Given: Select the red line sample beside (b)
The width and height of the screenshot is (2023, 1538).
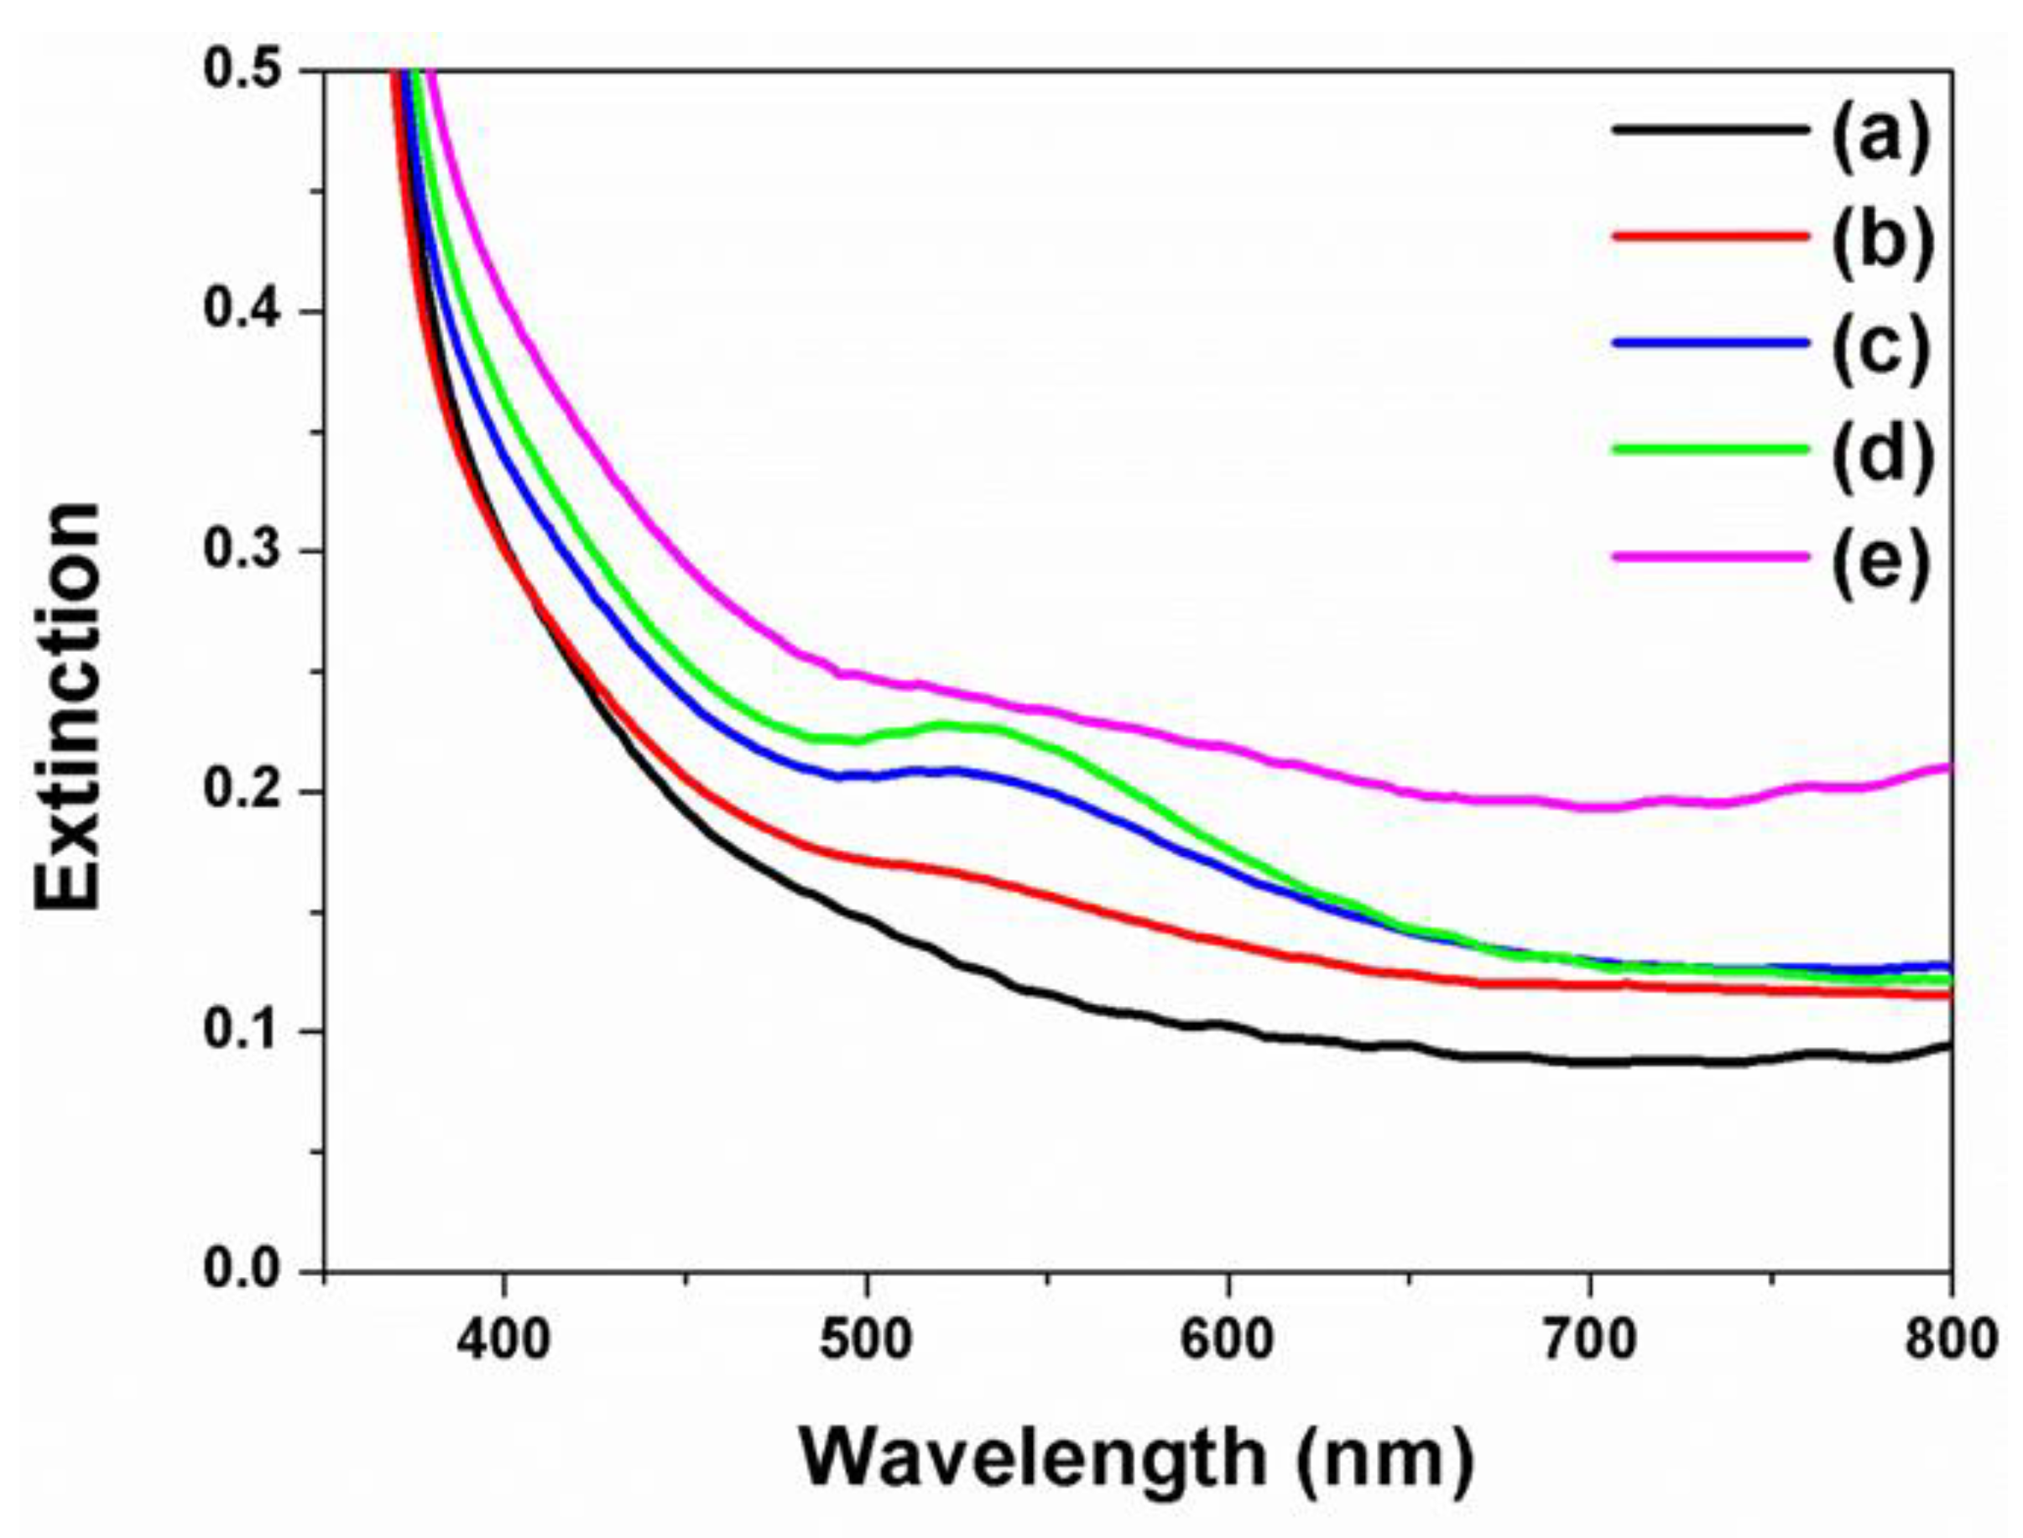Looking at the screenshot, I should pyautogui.click(x=1710, y=236).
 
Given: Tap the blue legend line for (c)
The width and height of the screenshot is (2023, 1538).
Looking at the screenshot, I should pyautogui.click(x=1710, y=343).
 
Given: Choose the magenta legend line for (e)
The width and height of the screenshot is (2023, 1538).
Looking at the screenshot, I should pyautogui.click(x=1710, y=555).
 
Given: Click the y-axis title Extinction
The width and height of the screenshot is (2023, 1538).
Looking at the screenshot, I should pyautogui.click(x=69, y=706).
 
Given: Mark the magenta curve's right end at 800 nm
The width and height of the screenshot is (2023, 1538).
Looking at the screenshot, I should pyautogui.click(x=1948, y=767).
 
